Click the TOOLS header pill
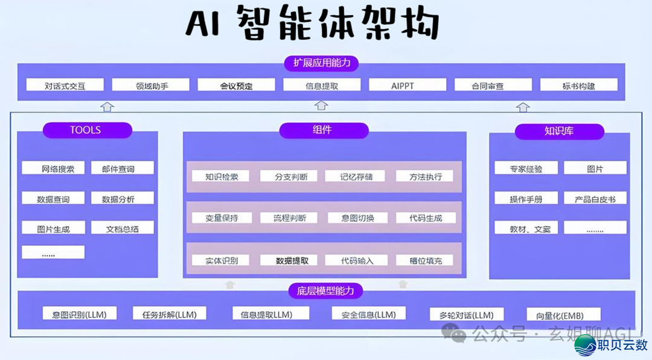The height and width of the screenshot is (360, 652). [x=86, y=130]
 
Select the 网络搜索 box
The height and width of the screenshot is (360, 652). [x=53, y=169]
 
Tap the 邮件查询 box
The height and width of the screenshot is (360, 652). [x=122, y=169]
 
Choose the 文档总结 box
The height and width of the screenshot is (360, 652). [x=122, y=228]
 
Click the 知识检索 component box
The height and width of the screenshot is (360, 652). [x=221, y=176]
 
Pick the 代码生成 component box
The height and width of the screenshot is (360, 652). [x=425, y=217]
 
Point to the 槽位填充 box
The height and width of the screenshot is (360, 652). [x=425, y=260]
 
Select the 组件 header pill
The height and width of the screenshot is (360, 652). [x=324, y=130]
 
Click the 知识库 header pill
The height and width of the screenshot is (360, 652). [x=558, y=131]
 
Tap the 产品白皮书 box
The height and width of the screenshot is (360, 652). [x=595, y=198]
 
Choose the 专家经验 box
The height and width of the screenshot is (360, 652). [x=526, y=169]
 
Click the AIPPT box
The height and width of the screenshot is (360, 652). [x=407, y=85]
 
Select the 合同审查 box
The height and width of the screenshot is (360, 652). [x=493, y=85]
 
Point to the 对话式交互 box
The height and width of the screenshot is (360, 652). [x=65, y=85]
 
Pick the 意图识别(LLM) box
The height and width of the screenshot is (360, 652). [x=80, y=313]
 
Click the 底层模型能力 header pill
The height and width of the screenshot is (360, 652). [x=326, y=291]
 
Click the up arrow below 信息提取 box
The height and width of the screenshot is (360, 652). [x=322, y=106]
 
